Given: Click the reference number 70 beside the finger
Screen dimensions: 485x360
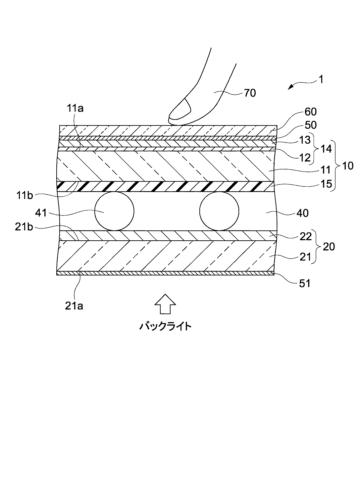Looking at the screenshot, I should tap(250, 93).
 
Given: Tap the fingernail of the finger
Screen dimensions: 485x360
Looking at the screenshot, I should tap(179, 110).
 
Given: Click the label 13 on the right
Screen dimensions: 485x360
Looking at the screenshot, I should tap(305, 140).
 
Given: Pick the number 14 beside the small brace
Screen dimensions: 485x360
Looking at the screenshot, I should tap(326, 149).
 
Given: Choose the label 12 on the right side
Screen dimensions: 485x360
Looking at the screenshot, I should tap(305, 157).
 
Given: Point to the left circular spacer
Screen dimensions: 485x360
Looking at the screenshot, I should tap(114, 211).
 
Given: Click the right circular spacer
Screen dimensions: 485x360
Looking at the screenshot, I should tap(219, 211).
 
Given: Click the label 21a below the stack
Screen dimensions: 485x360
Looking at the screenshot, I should tap(74, 306).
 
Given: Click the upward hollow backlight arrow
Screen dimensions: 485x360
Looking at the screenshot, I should tap(165, 304).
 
